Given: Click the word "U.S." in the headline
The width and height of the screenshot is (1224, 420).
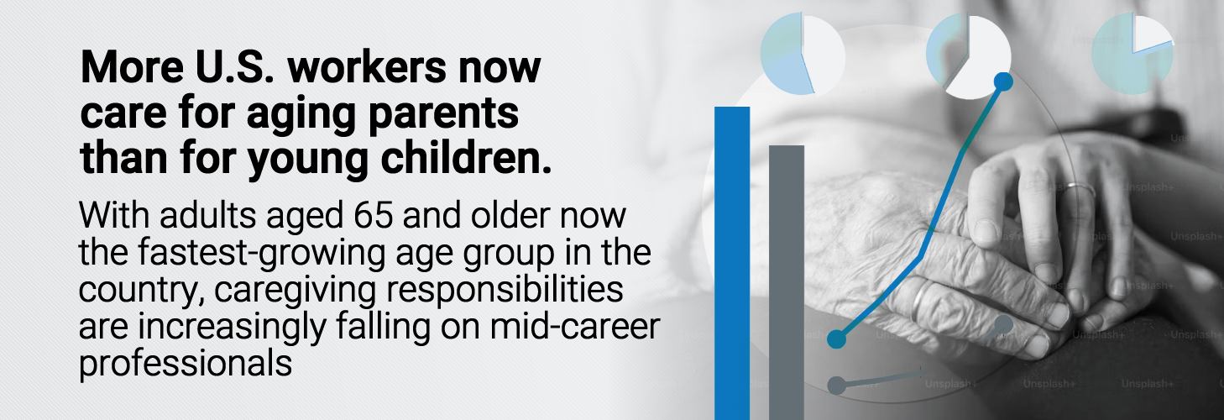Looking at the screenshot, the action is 234,67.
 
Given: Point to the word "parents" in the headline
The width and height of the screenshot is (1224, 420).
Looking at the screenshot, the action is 444,113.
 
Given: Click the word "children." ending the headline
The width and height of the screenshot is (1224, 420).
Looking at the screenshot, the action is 466,158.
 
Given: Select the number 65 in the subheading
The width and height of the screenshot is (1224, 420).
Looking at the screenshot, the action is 374,215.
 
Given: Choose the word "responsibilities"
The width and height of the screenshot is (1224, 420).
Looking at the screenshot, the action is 505,289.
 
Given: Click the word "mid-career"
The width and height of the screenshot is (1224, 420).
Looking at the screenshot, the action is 575,326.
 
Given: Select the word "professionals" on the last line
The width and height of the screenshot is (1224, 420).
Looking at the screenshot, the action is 186,363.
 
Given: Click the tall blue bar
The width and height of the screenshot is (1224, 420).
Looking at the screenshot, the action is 732,263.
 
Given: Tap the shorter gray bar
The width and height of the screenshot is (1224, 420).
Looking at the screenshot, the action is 787,283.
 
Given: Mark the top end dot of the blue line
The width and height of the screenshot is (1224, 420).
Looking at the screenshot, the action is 1003,81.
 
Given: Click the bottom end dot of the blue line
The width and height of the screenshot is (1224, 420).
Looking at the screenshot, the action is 837,339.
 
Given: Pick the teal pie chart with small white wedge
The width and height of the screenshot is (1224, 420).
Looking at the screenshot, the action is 1132,54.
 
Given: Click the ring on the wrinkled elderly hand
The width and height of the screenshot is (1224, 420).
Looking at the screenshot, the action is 918,302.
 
